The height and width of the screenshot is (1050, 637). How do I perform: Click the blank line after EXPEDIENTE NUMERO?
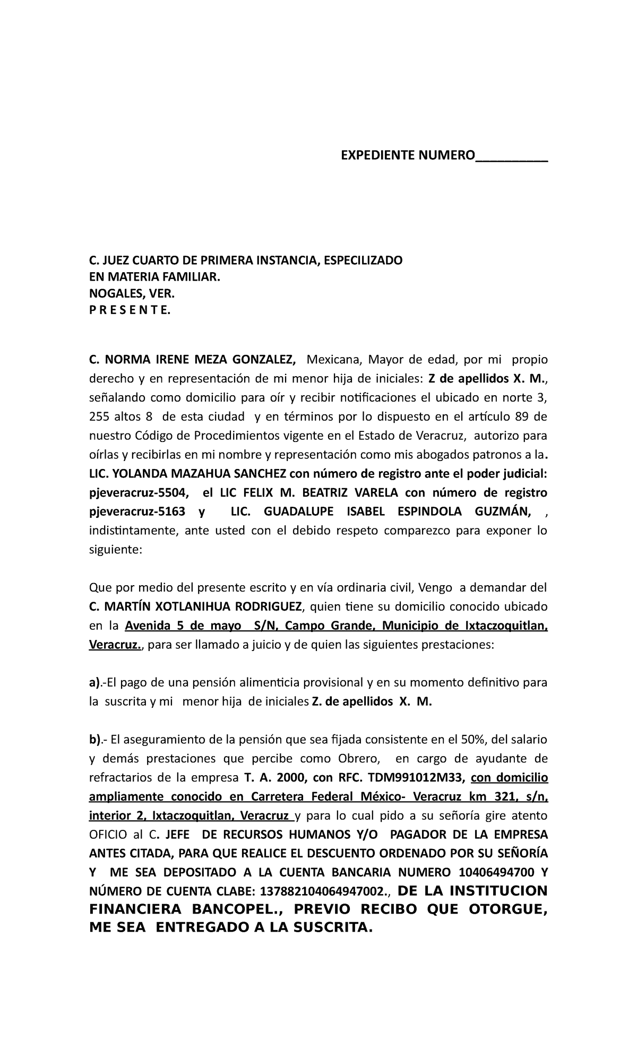(512, 155)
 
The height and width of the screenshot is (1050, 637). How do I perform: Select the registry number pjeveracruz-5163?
(136, 511)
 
